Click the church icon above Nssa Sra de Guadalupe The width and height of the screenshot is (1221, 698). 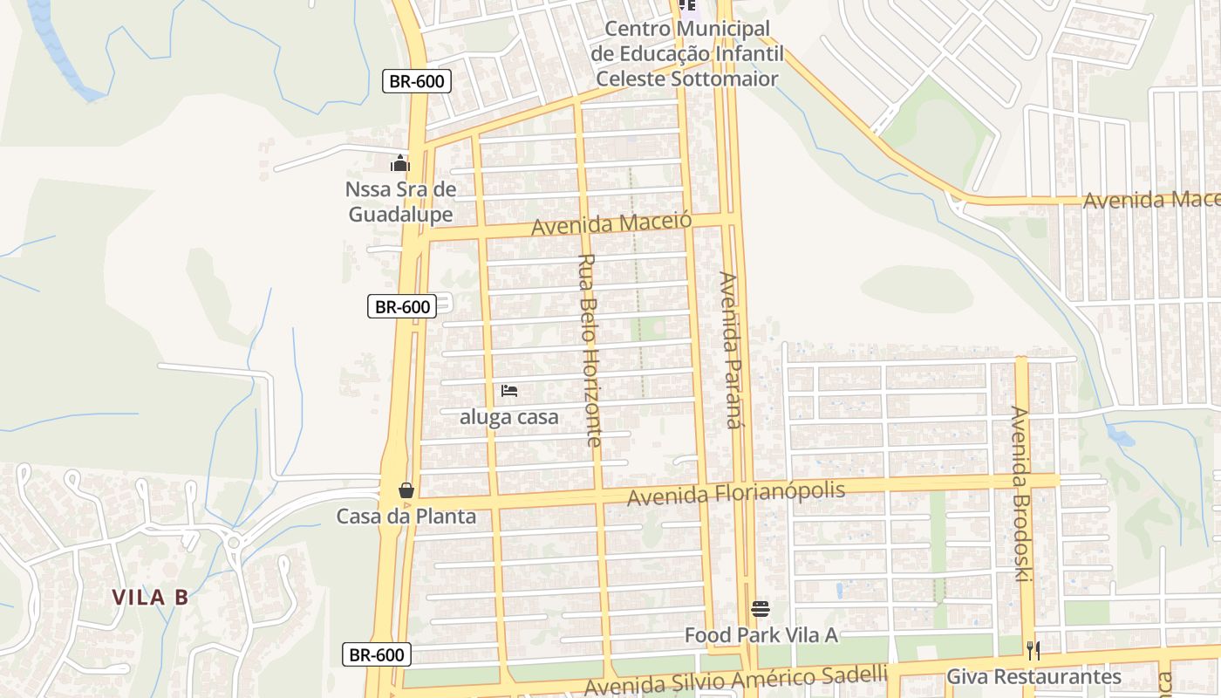[400, 163]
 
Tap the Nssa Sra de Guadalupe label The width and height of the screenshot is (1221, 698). [400, 202]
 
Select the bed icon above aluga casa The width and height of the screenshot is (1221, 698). [509, 391]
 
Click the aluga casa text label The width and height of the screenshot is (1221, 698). [509, 417]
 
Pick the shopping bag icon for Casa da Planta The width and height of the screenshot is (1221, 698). [406, 489]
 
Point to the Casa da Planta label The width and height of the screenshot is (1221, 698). [406, 516]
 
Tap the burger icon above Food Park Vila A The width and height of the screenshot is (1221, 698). [761, 608]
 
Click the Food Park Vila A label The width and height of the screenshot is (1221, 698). [761, 634]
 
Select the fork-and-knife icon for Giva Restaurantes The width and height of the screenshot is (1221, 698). [1033, 650]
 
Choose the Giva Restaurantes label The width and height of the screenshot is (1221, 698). [1033, 676]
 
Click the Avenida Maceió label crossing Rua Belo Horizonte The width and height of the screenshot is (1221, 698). [611, 223]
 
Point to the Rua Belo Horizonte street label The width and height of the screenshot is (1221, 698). [590, 349]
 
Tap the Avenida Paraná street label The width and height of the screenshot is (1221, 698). [729, 349]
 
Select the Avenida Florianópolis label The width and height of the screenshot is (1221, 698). [736, 494]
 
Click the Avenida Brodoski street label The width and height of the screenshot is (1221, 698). [1021, 494]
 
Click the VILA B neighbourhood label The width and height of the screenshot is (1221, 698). [150, 598]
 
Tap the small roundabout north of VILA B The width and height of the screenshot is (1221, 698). [233, 543]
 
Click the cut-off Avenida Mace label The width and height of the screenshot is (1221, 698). [1150, 200]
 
